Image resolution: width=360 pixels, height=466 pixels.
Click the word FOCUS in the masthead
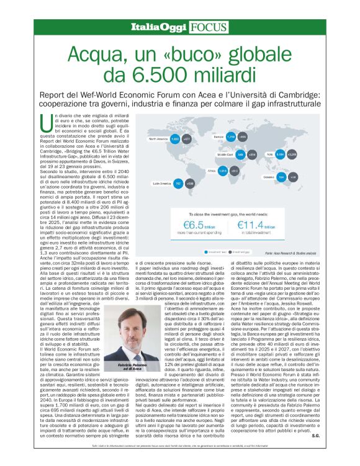(x=195, y=27)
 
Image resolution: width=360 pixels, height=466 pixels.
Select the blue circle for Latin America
(x=177, y=184)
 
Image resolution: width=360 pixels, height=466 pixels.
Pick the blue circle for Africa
(x=222, y=171)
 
